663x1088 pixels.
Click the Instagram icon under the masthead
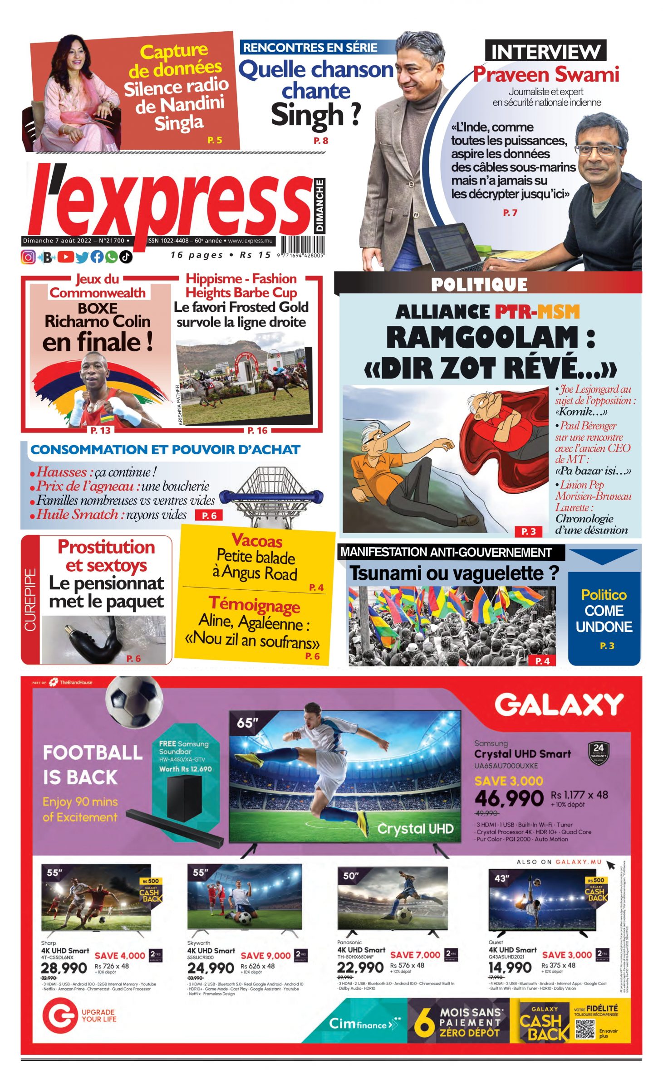click(x=28, y=257)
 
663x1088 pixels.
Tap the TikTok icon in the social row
click(x=126, y=257)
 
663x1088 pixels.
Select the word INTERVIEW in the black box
click(x=545, y=51)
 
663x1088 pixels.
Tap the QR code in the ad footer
click(x=585, y=1029)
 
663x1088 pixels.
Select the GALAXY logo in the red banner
click(x=559, y=705)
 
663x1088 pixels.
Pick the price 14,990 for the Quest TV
click(x=510, y=967)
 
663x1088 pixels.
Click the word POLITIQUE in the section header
click(x=479, y=285)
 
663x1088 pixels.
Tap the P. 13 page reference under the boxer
click(x=100, y=430)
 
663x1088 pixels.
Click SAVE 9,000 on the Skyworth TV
click(x=265, y=955)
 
